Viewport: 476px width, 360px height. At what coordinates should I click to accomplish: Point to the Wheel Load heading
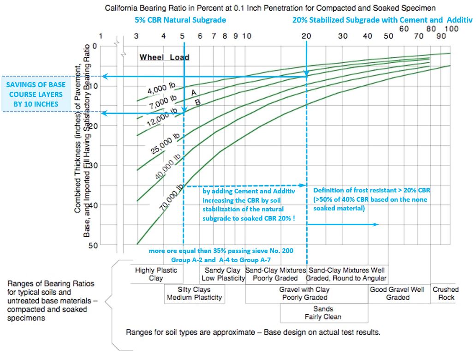coord(164,58)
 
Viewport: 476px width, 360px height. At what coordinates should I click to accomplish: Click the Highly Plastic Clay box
coord(156,274)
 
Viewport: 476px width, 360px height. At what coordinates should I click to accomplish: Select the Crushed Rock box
coord(446,294)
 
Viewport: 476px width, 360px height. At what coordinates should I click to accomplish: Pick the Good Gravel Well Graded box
coord(398,294)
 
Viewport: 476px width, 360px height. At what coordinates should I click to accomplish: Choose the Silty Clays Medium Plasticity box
coord(194,294)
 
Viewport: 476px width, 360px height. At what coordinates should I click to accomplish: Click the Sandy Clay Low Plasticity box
coord(223,274)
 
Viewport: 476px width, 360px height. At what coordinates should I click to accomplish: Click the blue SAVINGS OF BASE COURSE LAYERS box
coord(36,94)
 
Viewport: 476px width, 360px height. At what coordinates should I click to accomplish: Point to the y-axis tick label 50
coord(94,245)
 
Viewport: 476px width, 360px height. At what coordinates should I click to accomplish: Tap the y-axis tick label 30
coord(94,165)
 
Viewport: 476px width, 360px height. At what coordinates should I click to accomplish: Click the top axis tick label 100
coord(451,29)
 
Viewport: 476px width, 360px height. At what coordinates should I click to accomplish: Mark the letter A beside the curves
coord(194,93)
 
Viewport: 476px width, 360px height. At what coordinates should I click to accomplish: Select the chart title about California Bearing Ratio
coord(271,8)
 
